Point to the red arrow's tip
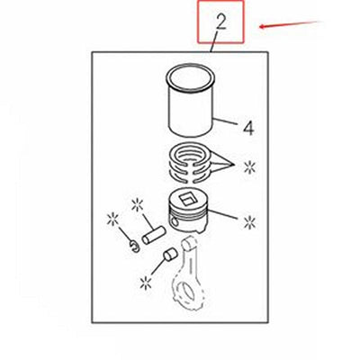point(258,27)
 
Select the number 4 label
point(248,128)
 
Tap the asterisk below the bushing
point(144,283)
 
